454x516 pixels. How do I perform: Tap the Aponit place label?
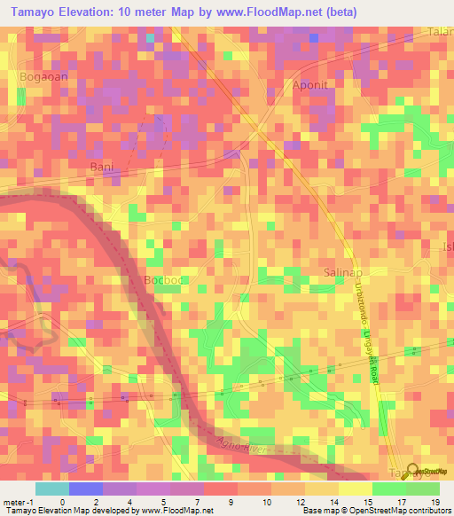coord(310,85)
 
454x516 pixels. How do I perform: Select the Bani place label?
coord(103,167)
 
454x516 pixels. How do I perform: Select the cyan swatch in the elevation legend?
coord(52,489)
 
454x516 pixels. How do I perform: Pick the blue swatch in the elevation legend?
coord(86,489)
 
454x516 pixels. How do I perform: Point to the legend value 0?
coord(62,502)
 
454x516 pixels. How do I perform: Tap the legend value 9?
coord(231,502)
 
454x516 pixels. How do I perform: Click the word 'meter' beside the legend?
coord(14,502)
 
